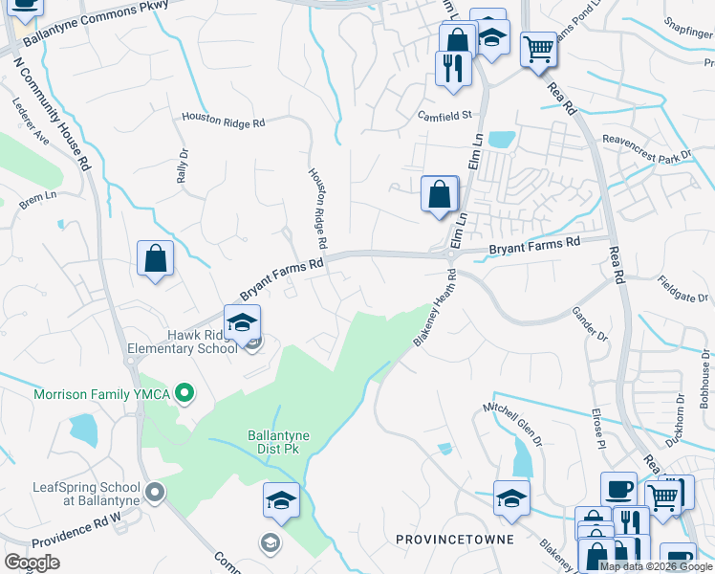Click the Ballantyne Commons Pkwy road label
coord(95,14)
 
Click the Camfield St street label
coord(444,115)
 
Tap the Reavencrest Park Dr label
coord(645,146)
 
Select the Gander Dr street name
coord(589,323)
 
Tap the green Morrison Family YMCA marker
coord(186,393)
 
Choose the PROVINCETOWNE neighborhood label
coord(454,540)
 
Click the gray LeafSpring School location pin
coord(156,493)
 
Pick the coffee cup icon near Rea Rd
coord(618,489)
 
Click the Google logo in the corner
coord(32,563)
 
